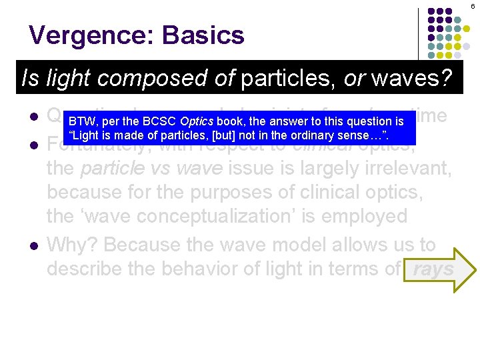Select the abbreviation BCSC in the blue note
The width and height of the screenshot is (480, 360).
click(x=160, y=122)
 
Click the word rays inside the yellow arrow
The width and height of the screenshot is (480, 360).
click(x=434, y=270)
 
